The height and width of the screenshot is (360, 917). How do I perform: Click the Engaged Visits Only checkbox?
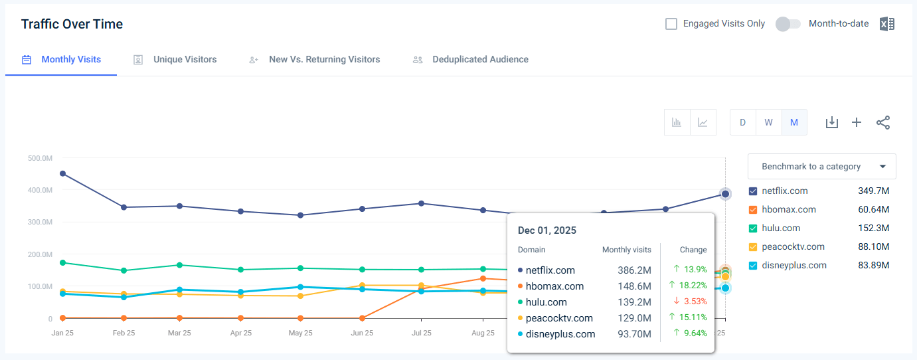(x=671, y=24)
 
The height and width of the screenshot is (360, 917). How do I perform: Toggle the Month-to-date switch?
(x=788, y=24)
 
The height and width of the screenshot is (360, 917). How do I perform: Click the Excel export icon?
(x=886, y=24)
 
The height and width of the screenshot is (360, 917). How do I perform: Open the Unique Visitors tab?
(x=185, y=60)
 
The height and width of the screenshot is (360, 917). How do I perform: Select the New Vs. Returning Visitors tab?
(x=324, y=60)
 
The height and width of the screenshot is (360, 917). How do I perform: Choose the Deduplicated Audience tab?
(x=480, y=60)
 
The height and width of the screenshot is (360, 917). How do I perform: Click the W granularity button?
(x=768, y=122)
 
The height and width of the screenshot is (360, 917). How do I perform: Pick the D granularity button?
(x=743, y=122)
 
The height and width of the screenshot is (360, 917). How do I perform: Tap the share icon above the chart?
(x=883, y=122)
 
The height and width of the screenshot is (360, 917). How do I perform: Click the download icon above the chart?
(x=831, y=122)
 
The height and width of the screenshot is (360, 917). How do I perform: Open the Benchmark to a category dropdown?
(x=821, y=167)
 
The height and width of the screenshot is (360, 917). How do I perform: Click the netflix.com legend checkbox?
(x=753, y=191)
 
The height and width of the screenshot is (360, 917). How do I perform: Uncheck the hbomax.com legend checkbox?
(x=753, y=210)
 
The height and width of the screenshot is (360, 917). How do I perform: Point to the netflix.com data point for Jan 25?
(x=62, y=173)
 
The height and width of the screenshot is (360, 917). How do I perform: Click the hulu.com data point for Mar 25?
(x=179, y=265)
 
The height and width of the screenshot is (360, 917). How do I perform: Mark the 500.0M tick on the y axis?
(x=41, y=158)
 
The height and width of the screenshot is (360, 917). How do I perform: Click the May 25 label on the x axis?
(x=301, y=333)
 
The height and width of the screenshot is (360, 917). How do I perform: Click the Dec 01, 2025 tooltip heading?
(x=547, y=230)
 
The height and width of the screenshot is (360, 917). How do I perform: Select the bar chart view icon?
(x=677, y=122)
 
